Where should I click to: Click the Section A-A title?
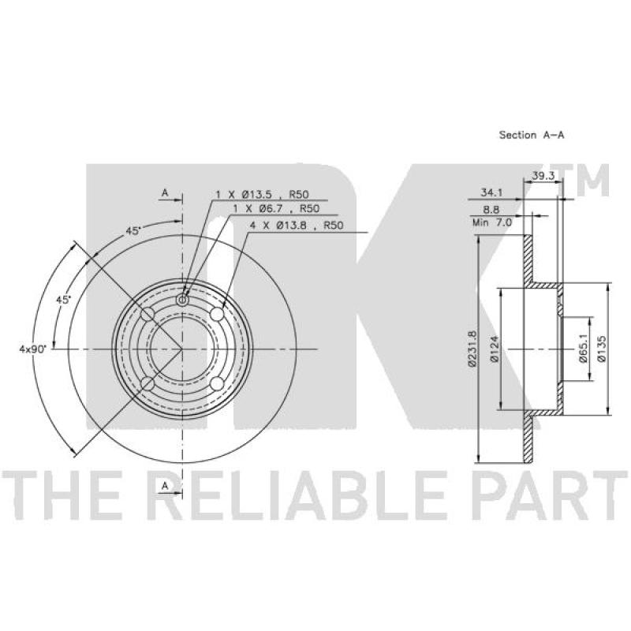pyautogui.click(x=531, y=135)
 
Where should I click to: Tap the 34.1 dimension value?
pyautogui.click(x=491, y=192)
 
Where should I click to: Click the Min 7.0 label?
pyautogui.click(x=492, y=224)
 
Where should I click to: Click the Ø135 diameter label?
pyautogui.click(x=601, y=348)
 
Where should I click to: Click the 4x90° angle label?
pyautogui.click(x=34, y=348)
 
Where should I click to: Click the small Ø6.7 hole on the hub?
pyautogui.click(x=183, y=300)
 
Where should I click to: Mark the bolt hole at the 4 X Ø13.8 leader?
pyautogui.click(x=218, y=314)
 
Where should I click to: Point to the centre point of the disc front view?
pyautogui.click(x=183, y=349)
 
